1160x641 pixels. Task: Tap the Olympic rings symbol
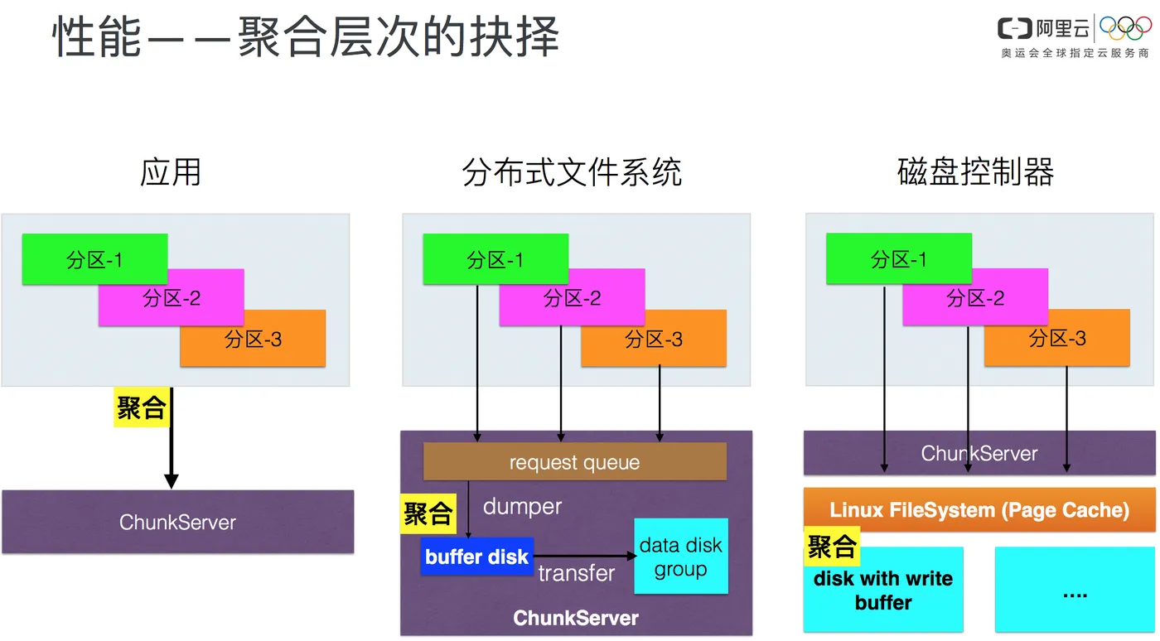[x=1125, y=27]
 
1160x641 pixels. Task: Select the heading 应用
[x=171, y=172]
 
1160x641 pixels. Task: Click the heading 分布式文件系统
[x=573, y=172]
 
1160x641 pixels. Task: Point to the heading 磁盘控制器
[x=975, y=172]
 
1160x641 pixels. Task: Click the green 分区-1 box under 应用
[x=94, y=259]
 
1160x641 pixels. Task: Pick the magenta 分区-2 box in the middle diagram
[x=573, y=298]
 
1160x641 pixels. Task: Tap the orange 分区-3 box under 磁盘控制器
[x=1057, y=338]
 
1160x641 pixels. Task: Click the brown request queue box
[x=574, y=462]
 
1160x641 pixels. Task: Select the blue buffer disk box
[x=476, y=557]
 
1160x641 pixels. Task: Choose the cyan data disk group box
[x=680, y=557]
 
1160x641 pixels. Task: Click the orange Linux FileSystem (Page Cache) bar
[x=979, y=509]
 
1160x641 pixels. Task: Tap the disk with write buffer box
[x=883, y=590]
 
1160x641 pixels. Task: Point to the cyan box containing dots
[x=1075, y=590]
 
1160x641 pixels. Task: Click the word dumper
[x=522, y=506]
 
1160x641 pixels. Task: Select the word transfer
[x=577, y=573]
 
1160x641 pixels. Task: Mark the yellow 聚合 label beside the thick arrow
[x=141, y=407]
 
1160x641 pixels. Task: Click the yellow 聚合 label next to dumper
[x=428, y=513]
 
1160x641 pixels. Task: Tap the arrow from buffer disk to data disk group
[x=584, y=557]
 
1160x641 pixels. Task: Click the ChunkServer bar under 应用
[x=177, y=522]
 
